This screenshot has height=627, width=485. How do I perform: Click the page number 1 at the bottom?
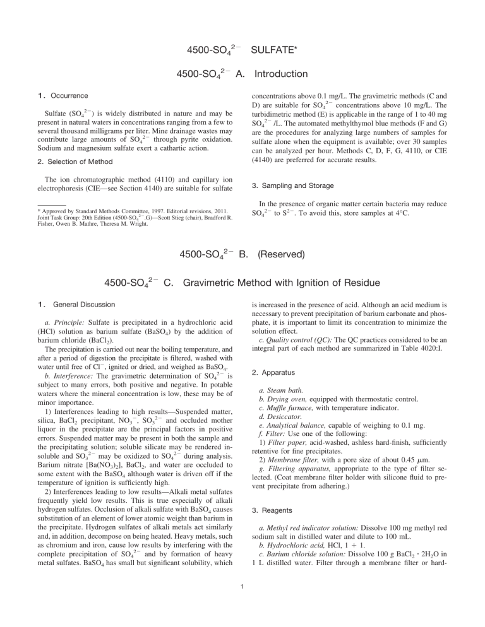coord(242,607)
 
